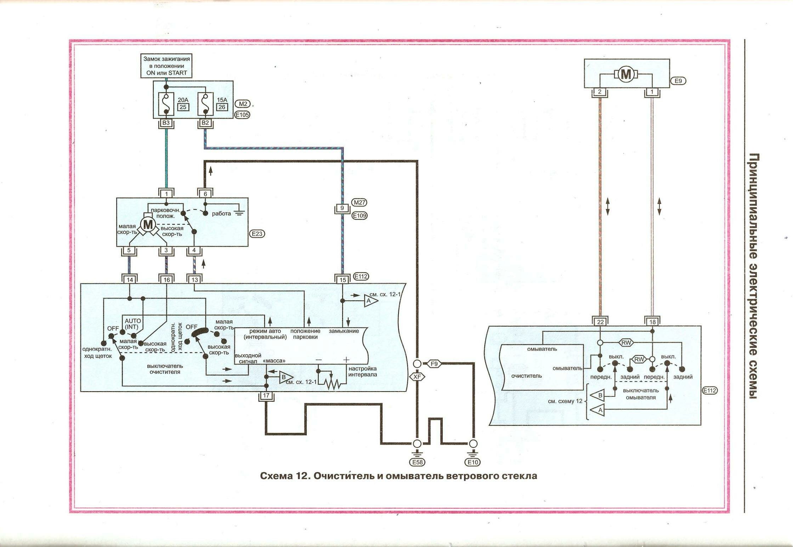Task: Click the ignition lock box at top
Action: pos(166,66)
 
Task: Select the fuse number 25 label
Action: pos(183,107)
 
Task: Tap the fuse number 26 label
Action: pos(222,107)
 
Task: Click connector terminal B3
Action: pos(166,123)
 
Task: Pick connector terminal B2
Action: pos(205,123)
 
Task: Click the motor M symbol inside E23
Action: pos(148,224)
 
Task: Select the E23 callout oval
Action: pos(257,234)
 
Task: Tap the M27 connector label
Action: pos(359,202)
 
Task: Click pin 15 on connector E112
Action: pos(342,280)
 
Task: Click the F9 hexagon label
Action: pos(434,364)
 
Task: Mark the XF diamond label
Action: pos(417,377)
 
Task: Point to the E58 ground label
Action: pos(417,462)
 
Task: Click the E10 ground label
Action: pos(473,462)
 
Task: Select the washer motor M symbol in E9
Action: pos(626,74)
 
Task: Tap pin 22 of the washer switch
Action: pos(600,322)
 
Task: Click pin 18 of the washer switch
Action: pos(652,322)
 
